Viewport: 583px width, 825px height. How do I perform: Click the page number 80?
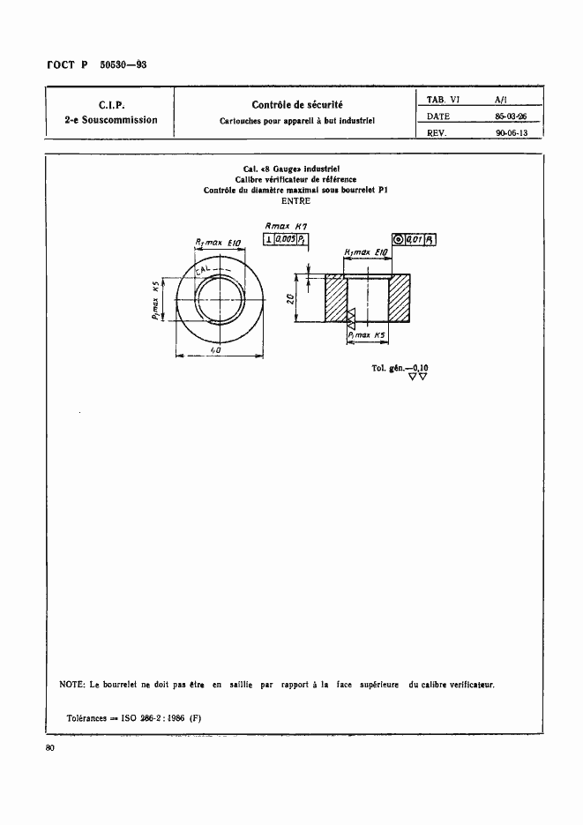pyautogui.click(x=49, y=749)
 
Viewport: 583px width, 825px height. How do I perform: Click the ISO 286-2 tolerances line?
pyautogui.click(x=134, y=716)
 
